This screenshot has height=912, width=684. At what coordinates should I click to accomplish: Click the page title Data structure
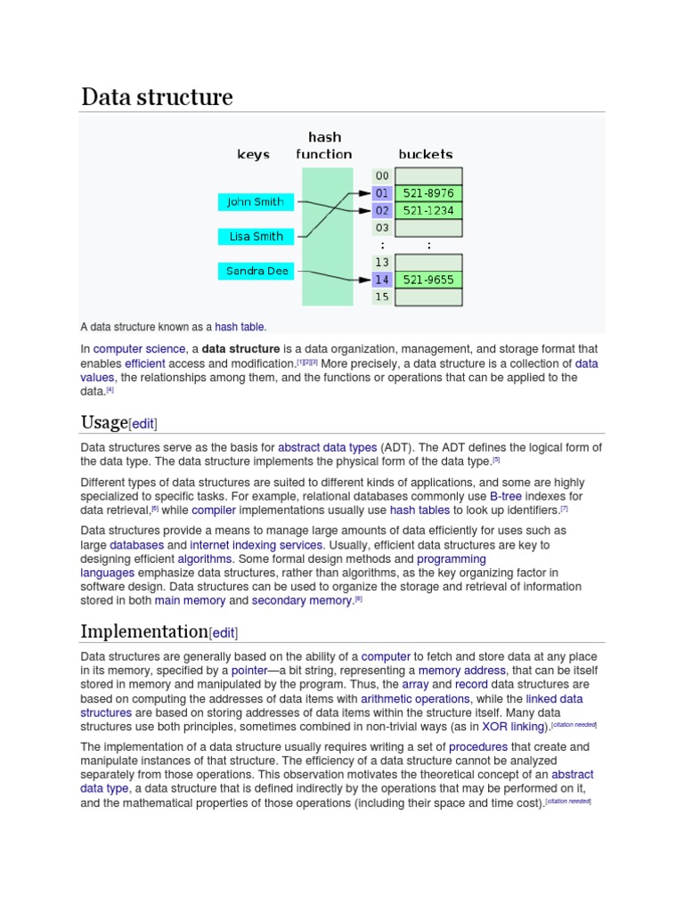(x=157, y=97)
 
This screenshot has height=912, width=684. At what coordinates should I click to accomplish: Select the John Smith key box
(x=255, y=202)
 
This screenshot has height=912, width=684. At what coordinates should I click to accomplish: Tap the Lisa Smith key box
(x=255, y=237)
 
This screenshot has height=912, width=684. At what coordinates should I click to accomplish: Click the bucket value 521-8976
(x=427, y=193)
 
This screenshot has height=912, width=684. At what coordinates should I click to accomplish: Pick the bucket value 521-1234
(x=427, y=211)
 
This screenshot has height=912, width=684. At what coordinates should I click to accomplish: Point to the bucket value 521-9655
(x=427, y=280)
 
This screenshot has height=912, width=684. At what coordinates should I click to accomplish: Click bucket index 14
(x=382, y=280)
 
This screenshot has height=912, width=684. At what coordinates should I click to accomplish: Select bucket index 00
(x=382, y=176)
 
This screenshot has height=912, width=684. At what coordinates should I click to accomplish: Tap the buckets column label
(x=425, y=154)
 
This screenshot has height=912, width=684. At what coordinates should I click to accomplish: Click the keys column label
(x=253, y=154)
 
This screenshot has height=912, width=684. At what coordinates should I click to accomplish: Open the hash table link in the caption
(x=240, y=327)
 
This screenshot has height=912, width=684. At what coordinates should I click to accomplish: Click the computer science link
(x=140, y=349)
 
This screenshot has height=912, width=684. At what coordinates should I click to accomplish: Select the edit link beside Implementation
(x=223, y=633)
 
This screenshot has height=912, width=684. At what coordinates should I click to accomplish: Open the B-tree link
(x=506, y=496)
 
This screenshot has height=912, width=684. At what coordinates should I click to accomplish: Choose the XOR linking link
(x=514, y=727)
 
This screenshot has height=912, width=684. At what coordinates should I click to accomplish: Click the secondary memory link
(x=302, y=600)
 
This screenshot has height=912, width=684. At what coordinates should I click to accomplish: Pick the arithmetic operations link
(x=415, y=699)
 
